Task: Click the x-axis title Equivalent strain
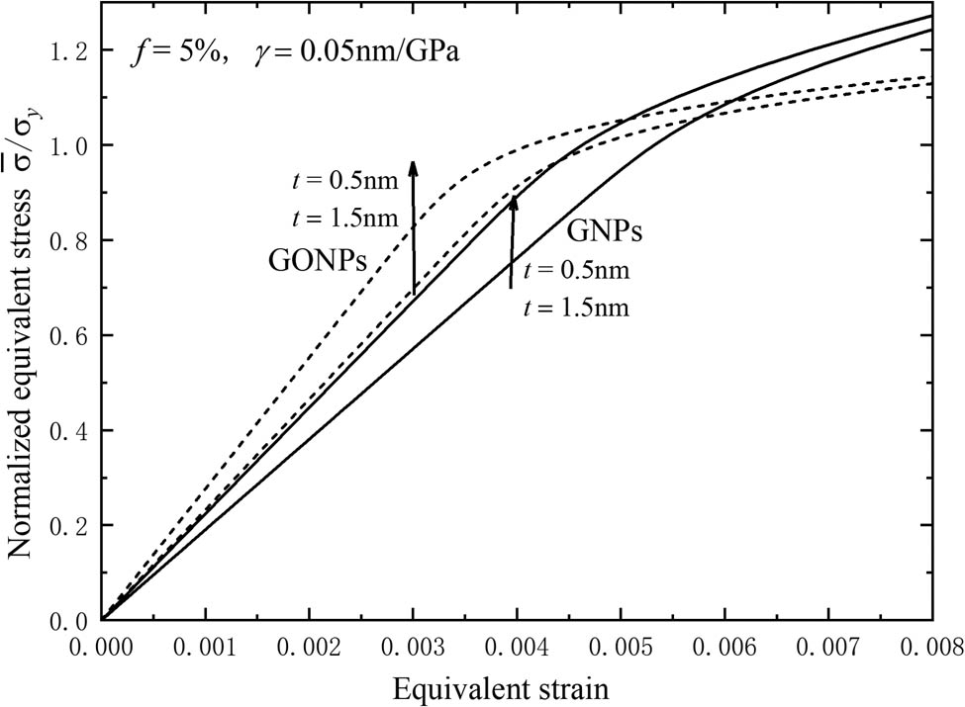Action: coord(516,684)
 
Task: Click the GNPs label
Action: coord(606,233)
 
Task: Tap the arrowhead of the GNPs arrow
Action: coord(513,201)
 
